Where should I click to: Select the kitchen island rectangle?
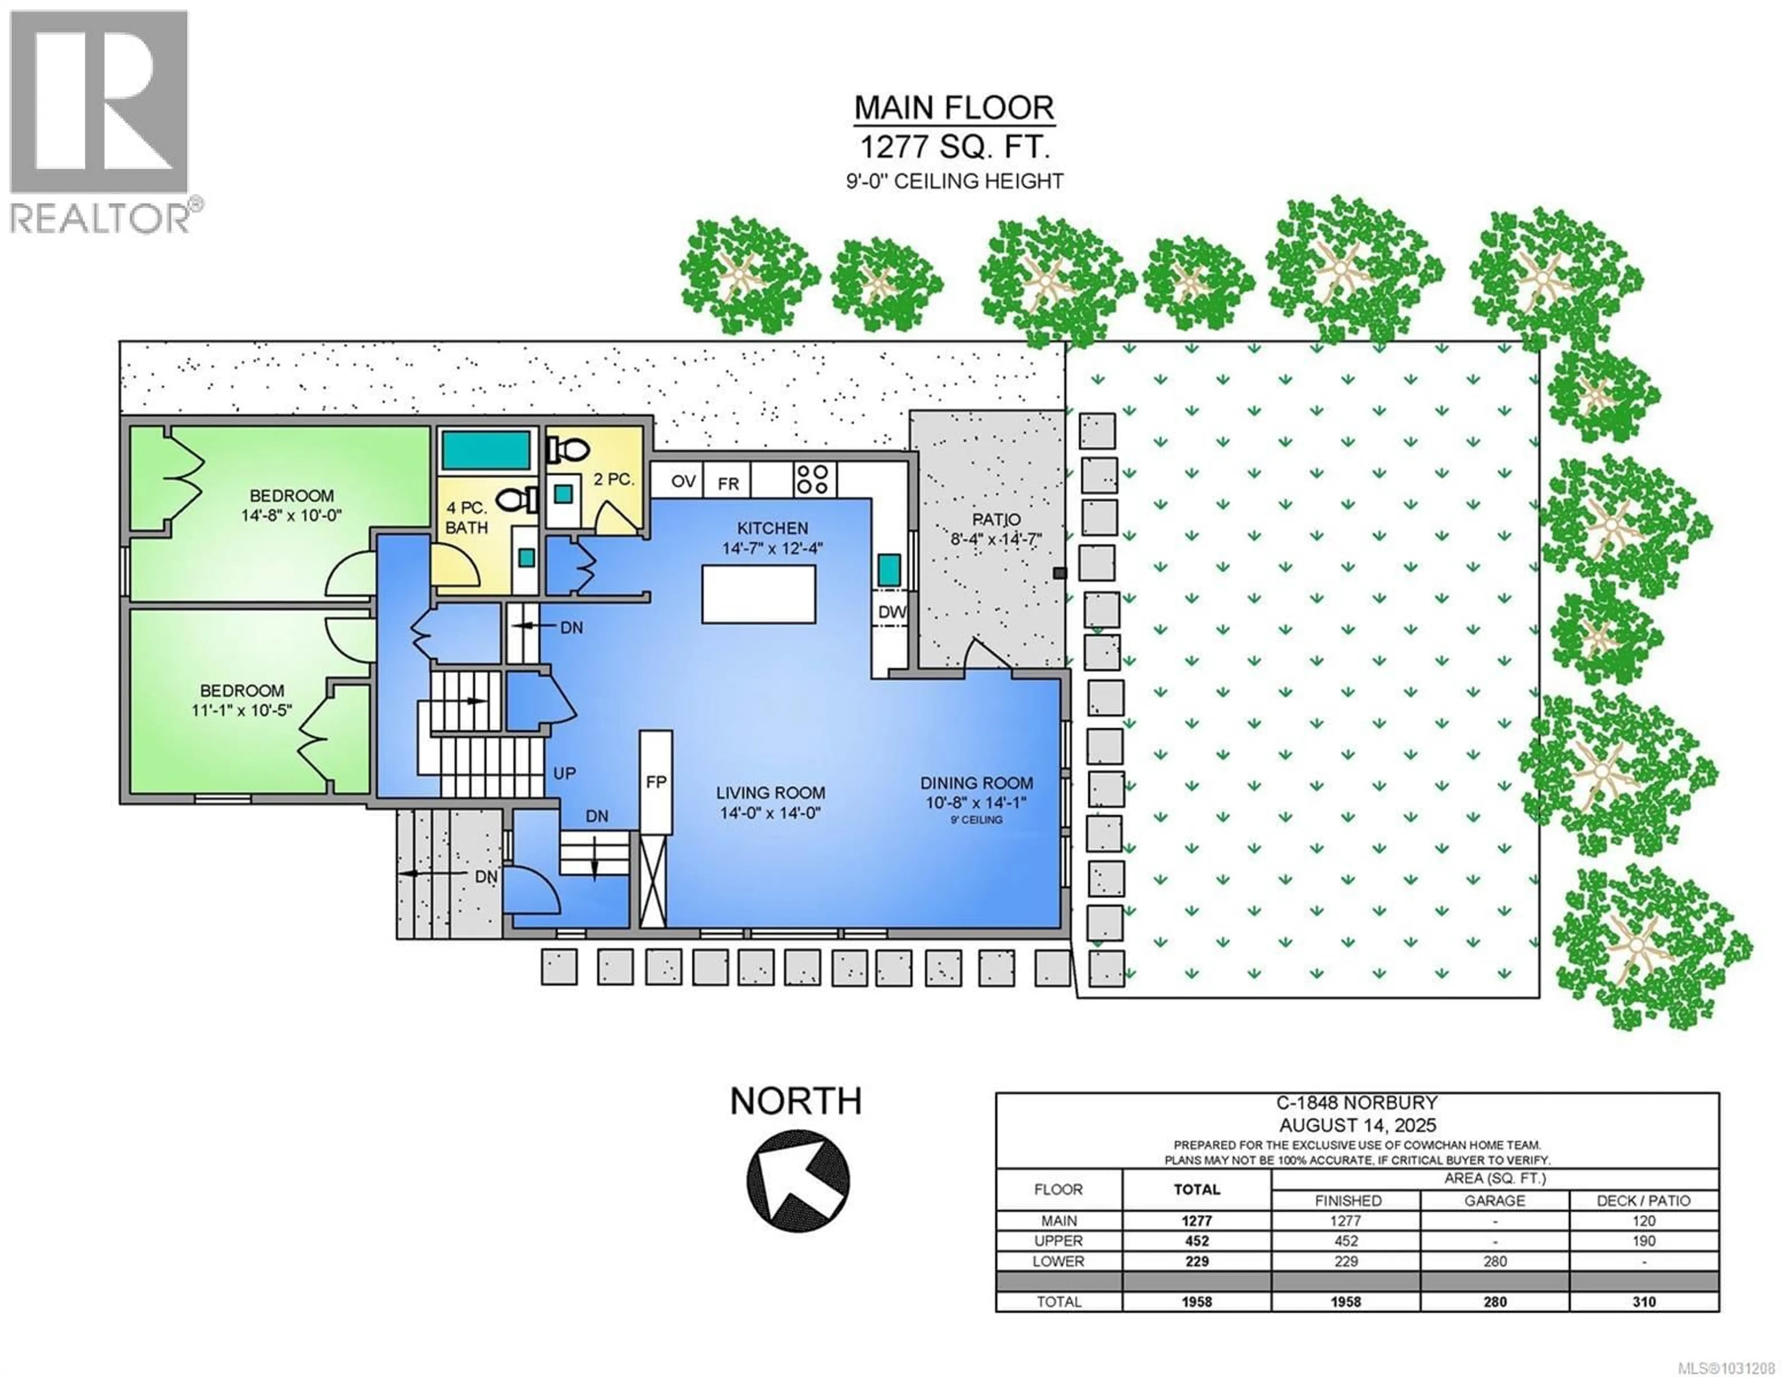758,594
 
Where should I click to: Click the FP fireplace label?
656,782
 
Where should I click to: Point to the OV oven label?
683,482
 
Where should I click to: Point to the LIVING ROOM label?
770,793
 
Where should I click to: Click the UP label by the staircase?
565,773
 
